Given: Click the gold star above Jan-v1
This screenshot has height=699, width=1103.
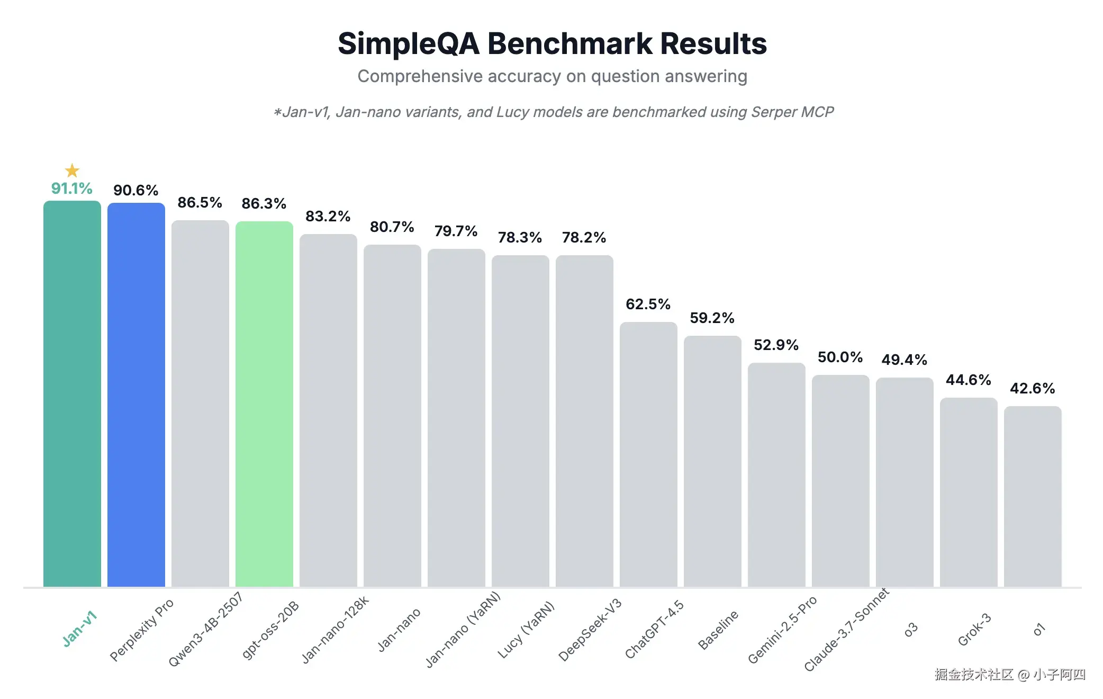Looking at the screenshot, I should point(72,171).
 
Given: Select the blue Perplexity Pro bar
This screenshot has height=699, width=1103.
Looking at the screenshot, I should point(136,395).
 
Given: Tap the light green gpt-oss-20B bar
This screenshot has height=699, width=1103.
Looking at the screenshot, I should point(264,404).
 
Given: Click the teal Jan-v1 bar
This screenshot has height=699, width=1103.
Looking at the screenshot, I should point(72,393).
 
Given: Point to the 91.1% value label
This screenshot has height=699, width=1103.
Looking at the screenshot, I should point(71,189).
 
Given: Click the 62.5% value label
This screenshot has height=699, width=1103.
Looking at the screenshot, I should point(648,304).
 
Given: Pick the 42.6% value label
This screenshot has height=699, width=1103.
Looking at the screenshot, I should point(1032,389).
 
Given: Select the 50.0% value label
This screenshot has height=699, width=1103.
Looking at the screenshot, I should point(840,357).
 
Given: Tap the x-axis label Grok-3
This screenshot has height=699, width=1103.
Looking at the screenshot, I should point(974,630).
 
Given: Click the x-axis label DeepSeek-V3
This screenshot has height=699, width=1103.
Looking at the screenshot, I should point(590,630).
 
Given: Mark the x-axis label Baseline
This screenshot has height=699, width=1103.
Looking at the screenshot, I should point(718,630).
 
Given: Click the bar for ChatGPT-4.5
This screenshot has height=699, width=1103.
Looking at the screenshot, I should point(648,454).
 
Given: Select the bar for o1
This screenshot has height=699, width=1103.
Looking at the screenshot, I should point(1033,496).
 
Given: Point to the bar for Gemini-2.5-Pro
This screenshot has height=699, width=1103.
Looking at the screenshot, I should point(776,474).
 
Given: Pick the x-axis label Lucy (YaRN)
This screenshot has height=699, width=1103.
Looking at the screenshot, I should point(526,630).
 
